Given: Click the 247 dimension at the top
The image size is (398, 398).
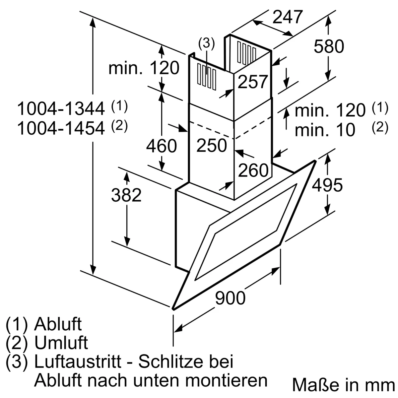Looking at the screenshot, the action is tap(288, 17).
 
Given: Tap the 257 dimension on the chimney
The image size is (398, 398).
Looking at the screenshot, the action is tap(253, 82).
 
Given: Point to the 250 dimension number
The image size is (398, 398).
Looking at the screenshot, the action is tap(212, 145).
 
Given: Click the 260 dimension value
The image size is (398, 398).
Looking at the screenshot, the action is tap(253, 170).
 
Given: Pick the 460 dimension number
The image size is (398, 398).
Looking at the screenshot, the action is tap(161, 146).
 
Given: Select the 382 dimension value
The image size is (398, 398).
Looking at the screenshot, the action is tap(126, 195).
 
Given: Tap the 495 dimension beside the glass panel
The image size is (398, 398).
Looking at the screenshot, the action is tap(327, 185).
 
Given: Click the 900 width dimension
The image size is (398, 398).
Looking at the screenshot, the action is tap(230, 298).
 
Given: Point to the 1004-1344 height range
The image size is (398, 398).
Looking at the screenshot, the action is tap(61, 109).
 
